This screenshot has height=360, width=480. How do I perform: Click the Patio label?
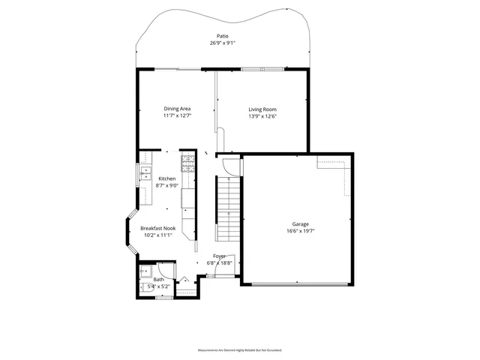tap(222, 36)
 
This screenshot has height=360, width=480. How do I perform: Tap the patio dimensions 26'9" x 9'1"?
tap(222, 43)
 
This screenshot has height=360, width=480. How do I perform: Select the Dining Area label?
tap(177, 109)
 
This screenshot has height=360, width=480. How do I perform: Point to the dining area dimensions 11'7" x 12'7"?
tap(177, 115)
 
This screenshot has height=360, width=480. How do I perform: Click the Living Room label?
tap(262, 109)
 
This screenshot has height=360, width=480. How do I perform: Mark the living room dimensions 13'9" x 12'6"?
tap(262, 115)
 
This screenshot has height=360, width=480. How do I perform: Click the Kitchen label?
tap(166, 178)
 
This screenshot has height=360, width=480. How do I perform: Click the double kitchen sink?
tap(143, 175)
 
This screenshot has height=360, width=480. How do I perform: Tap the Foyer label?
tap(219, 256)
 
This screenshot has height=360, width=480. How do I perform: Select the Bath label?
tap(158, 280)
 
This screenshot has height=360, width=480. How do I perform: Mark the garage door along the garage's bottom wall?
tap(297, 284)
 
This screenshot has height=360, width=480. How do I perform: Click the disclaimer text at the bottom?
tap(239, 350)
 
